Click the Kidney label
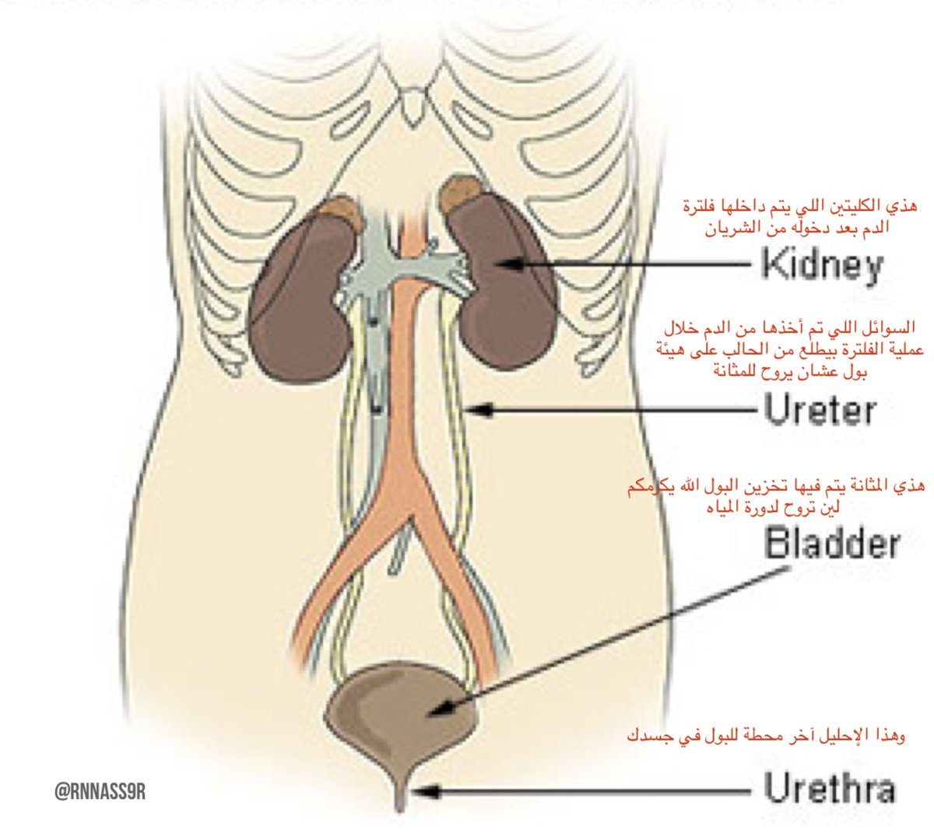pos(822,264)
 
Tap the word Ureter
pos(820,410)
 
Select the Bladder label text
pos(832,543)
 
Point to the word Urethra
pos(829,789)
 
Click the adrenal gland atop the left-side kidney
pos(342,210)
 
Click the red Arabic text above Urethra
pos(766,735)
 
